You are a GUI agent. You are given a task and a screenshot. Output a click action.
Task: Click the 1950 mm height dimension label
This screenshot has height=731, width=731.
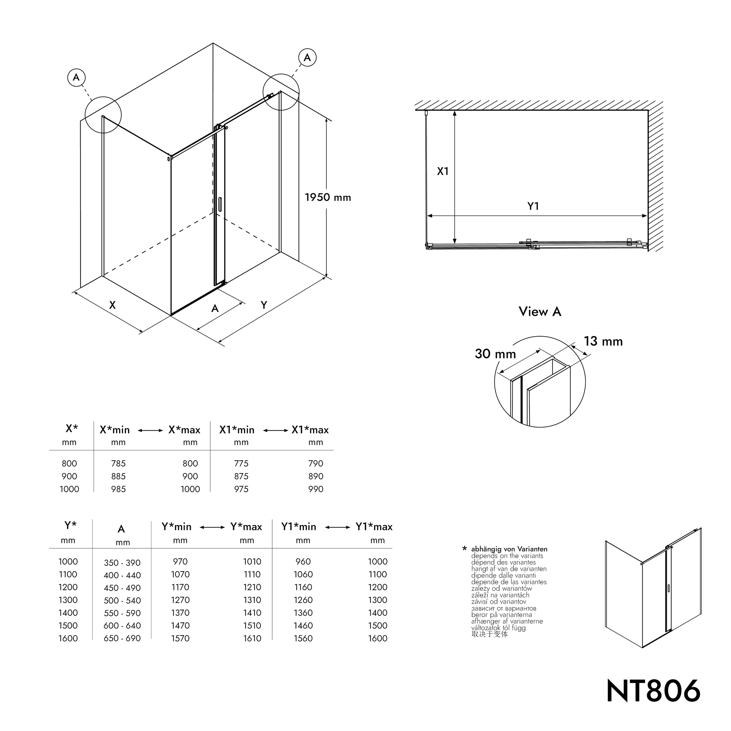click(328, 197)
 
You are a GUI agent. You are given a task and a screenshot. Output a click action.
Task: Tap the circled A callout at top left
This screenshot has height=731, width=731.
click(76, 77)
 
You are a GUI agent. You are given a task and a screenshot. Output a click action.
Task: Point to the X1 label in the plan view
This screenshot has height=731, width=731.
click(442, 171)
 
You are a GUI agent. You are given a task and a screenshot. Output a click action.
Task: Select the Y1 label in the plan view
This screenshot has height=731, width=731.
click(533, 206)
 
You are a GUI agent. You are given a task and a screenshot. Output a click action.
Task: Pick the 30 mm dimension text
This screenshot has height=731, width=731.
click(495, 354)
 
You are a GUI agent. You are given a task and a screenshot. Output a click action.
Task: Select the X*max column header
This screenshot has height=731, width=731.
click(184, 430)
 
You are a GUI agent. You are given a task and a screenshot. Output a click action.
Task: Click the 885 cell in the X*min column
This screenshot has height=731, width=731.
click(118, 476)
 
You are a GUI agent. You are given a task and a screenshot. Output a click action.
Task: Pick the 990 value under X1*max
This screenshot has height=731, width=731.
click(315, 489)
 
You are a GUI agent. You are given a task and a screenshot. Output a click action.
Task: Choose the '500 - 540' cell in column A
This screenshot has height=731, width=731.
click(122, 601)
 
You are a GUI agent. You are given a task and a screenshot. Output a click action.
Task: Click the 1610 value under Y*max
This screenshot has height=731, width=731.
click(252, 638)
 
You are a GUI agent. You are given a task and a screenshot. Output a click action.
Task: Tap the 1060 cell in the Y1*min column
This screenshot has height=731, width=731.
click(303, 574)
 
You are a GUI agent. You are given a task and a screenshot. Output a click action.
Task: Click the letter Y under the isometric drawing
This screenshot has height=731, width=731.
click(264, 305)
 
